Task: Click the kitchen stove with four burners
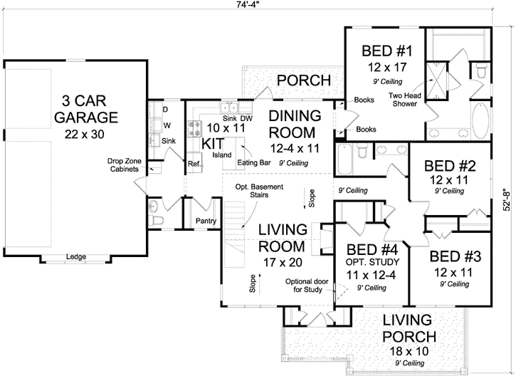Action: point(194,129)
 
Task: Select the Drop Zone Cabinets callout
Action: point(125,165)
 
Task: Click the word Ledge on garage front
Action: point(75,256)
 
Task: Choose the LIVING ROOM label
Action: point(283,238)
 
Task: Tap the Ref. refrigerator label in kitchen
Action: point(194,163)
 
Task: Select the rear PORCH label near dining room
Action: point(304,80)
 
